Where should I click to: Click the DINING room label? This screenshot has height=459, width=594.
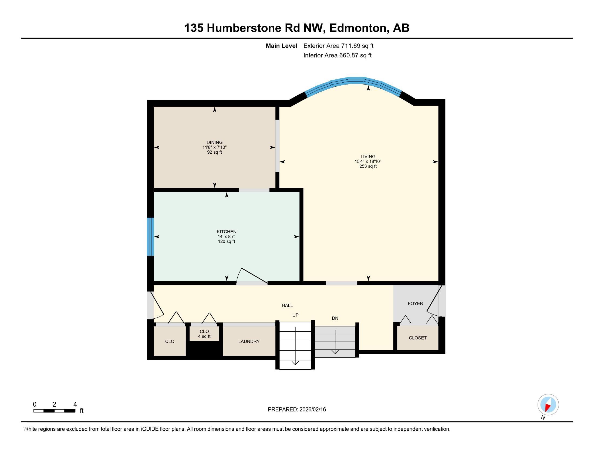click(x=214, y=142)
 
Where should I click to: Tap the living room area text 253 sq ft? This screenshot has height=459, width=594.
click(x=368, y=166)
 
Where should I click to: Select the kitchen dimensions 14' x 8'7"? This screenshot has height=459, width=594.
click(x=226, y=237)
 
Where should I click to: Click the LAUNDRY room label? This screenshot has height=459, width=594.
click(x=249, y=341)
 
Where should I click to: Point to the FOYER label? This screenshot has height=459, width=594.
click(x=415, y=303)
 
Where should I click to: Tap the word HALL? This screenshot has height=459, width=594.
click(x=287, y=305)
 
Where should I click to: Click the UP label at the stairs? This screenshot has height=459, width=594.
click(x=295, y=315)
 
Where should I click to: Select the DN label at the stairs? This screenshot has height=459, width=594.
click(x=335, y=318)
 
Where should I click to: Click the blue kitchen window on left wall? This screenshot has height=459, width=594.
click(x=150, y=237)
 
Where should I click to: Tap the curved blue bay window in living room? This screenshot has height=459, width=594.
click(x=353, y=80)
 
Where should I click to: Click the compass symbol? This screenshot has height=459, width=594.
click(x=548, y=405)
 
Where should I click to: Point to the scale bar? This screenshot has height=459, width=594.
click(x=54, y=411)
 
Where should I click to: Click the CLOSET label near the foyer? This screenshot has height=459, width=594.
click(x=417, y=338)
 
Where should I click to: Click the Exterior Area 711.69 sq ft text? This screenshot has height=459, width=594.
click(x=338, y=46)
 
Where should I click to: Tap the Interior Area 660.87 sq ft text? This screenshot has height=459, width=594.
click(x=337, y=55)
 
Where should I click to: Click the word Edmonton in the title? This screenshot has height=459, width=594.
click(x=359, y=28)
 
